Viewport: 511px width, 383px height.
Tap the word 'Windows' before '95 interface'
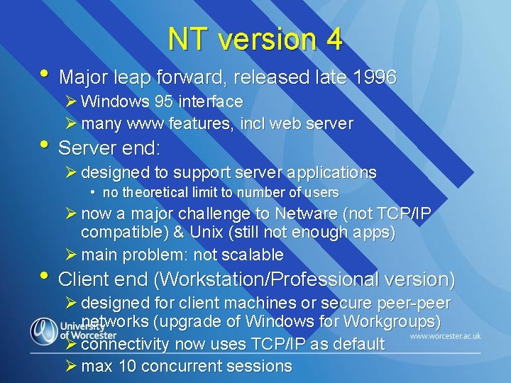(x=111, y=102)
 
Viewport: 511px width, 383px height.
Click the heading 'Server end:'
(x=109, y=148)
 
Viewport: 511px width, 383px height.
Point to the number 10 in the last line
(x=128, y=367)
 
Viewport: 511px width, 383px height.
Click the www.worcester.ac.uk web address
(x=445, y=335)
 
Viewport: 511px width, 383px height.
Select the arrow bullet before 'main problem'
(x=70, y=255)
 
